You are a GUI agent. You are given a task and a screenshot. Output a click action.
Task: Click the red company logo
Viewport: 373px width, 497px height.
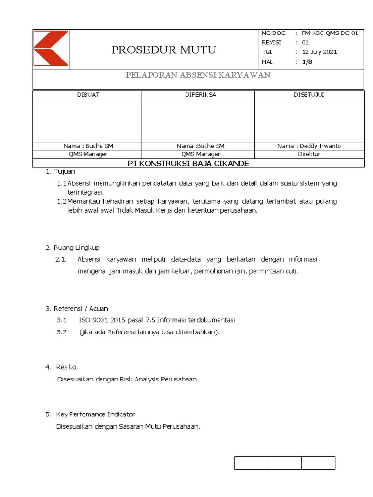pyautogui.click(x=51, y=48)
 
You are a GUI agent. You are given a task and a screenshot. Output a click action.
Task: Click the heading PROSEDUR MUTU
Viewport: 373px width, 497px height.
pyautogui.click(x=164, y=50)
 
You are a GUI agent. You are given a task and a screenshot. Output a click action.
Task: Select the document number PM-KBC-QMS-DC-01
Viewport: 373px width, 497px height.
pyautogui.click(x=330, y=33)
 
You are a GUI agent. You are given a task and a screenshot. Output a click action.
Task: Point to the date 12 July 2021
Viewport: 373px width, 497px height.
pyautogui.click(x=319, y=52)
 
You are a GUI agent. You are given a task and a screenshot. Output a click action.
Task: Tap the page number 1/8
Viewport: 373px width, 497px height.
pyautogui.click(x=307, y=62)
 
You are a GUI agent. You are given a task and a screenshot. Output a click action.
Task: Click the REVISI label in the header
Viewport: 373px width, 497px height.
pyautogui.click(x=271, y=42)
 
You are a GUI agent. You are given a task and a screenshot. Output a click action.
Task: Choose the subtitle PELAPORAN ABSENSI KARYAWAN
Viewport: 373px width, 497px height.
pyautogui.click(x=198, y=75)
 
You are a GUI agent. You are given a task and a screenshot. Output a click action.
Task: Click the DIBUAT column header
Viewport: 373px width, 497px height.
pyautogui.click(x=88, y=95)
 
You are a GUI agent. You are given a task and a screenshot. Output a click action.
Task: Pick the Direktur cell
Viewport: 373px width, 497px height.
pyautogui.click(x=309, y=154)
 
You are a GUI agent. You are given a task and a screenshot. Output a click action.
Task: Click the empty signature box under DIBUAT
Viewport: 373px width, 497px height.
pyautogui.click(x=87, y=120)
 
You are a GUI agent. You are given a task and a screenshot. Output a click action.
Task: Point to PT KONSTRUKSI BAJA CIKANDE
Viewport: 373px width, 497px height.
pyautogui.click(x=188, y=163)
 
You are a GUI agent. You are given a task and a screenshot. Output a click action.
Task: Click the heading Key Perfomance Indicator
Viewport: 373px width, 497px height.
pyautogui.click(x=95, y=414)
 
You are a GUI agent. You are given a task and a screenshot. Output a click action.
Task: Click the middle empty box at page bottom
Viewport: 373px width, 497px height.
pyautogui.click(x=284, y=463)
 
